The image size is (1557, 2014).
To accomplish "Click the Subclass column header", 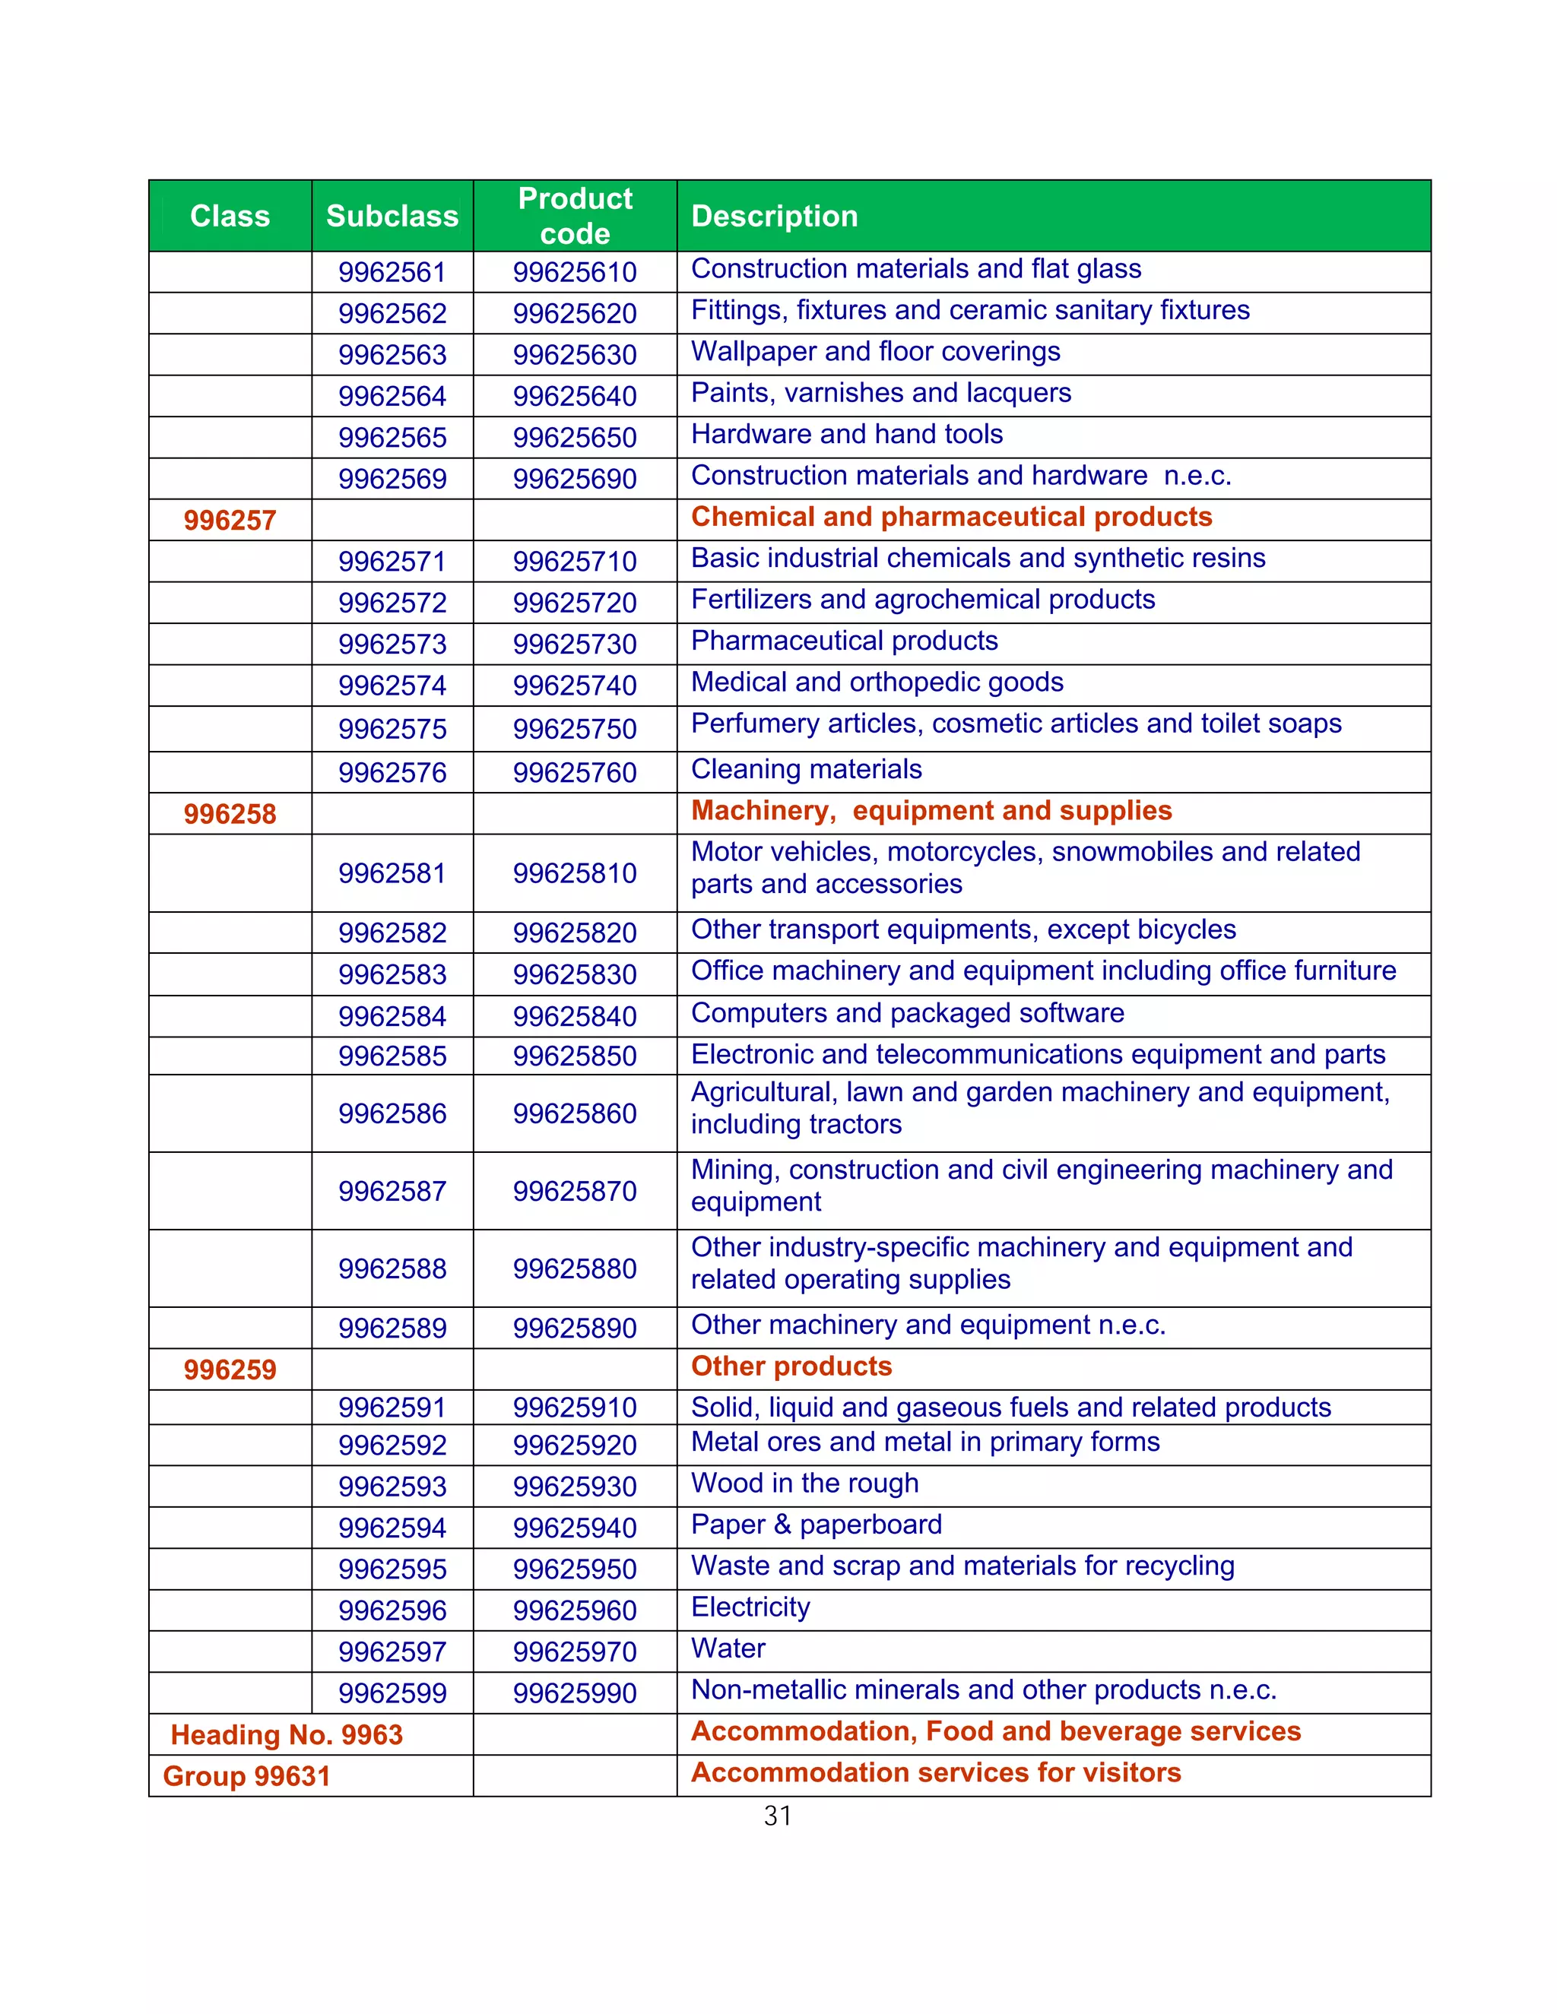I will (392, 216).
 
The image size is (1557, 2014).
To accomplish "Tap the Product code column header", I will (575, 216).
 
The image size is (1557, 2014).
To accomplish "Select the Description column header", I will (774, 216).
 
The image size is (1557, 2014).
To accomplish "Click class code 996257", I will (230, 520).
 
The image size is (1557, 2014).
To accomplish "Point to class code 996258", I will (230, 814).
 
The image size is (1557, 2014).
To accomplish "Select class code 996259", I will (230, 1370).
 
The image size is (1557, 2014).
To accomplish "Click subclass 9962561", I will (392, 272).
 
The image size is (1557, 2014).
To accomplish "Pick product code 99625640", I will (575, 396).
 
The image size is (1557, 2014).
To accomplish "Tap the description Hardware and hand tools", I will (846, 434).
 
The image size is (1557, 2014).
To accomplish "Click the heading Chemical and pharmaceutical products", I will (951, 516).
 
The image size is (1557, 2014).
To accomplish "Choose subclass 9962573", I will (392, 644).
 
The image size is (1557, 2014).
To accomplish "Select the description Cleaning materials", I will (805, 769).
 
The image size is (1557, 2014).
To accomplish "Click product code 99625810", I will (575, 873).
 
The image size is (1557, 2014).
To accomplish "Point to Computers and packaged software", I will (907, 1012).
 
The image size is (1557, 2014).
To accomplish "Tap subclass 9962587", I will (392, 1192).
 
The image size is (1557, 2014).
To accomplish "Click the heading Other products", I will (791, 1366).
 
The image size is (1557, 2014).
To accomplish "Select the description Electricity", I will (750, 1607).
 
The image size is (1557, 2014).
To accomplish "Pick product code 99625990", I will (575, 1693).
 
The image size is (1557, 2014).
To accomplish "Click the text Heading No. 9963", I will (287, 1734).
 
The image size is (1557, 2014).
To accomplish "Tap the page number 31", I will (778, 1816).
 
